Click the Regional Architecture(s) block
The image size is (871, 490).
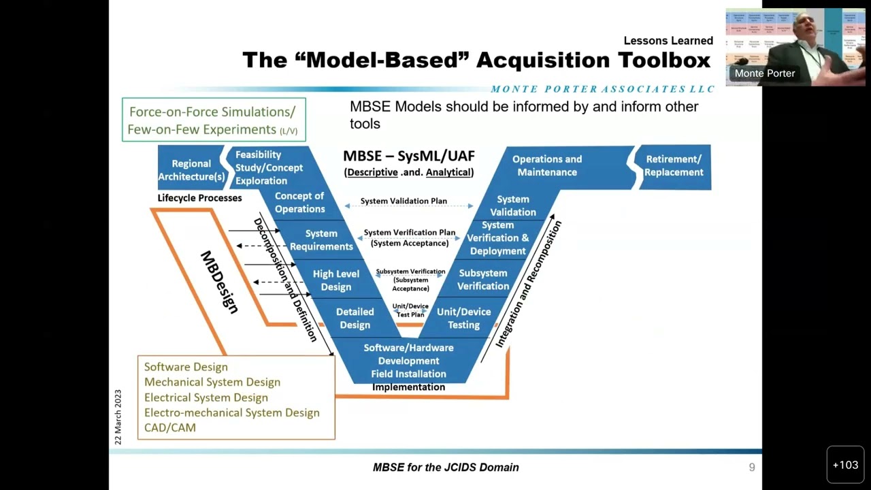[x=191, y=170]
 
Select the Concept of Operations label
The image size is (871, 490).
[x=299, y=203]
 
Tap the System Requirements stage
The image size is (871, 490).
[x=321, y=240]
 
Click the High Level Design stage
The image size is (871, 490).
[x=335, y=280]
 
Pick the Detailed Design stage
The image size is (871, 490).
[x=355, y=318]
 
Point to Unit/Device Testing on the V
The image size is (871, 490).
[x=463, y=318]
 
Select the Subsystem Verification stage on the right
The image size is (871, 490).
[x=482, y=280]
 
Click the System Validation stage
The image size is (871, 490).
[x=512, y=206]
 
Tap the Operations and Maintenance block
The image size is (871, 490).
[x=546, y=165]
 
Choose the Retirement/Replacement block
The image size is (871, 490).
[x=673, y=165]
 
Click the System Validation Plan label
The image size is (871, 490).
[x=404, y=201]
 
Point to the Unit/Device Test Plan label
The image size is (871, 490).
[x=410, y=310]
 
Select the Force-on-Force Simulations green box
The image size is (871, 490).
[x=214, y=120]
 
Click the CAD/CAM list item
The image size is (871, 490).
[x=170, y=427]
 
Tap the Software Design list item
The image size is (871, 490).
[x=186, y=367]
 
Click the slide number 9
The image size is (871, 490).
[x=752, y=467]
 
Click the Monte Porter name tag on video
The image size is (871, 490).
[x=764, y=73]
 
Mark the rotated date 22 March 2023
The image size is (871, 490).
[x=118, y=417]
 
